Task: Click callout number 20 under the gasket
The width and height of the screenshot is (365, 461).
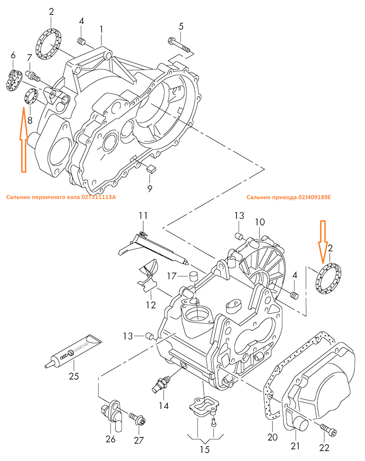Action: coord(273,437)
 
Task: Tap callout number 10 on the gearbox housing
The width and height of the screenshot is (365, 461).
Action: coord(260,222)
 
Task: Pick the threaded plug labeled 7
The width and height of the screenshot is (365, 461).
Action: coord(33,75)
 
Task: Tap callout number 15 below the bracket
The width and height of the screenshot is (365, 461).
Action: coord(205,450)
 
